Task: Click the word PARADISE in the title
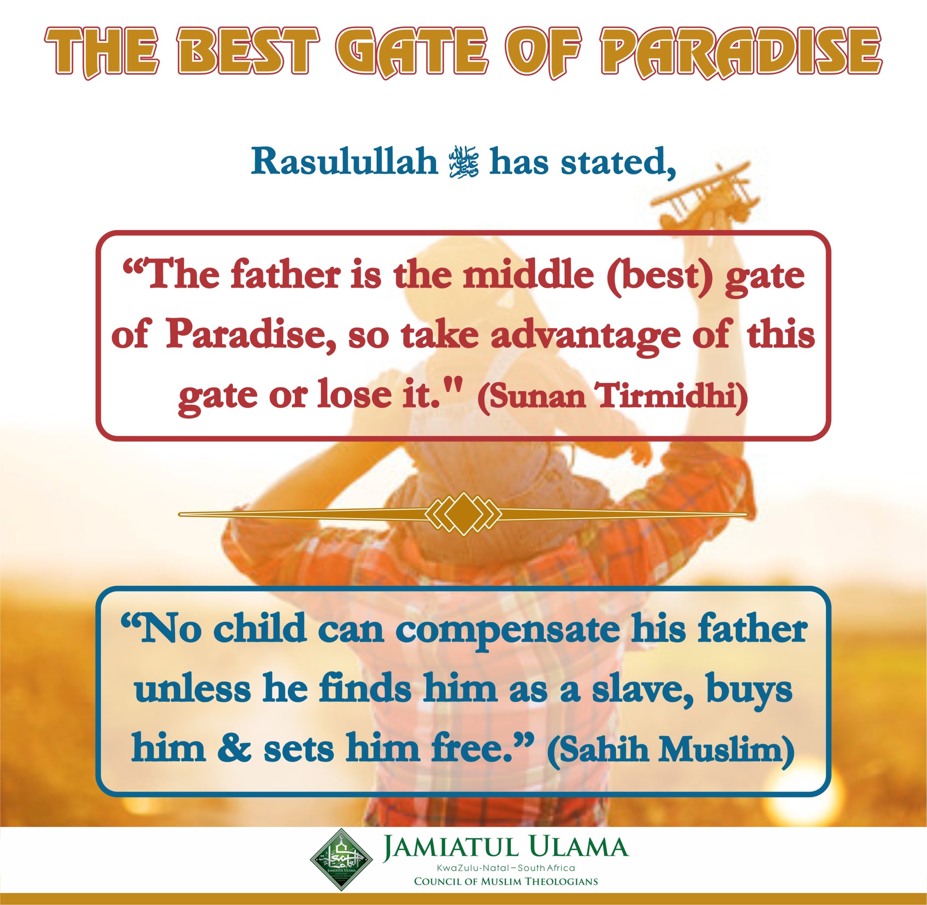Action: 740,52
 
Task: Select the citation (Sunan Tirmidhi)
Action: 612,395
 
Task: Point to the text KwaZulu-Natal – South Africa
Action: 506,868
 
